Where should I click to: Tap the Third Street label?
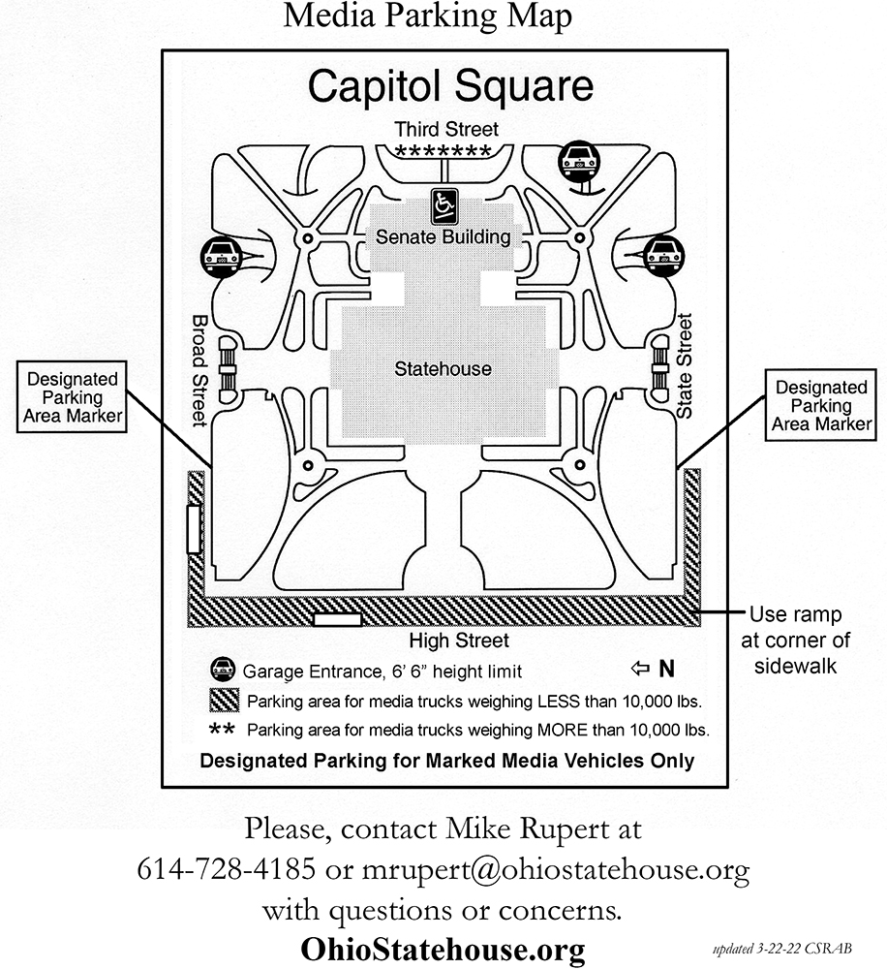click(446, 129)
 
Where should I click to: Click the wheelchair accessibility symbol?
click(444, 206)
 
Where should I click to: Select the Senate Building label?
click(443, 236)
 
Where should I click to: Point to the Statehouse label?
click(443, 369)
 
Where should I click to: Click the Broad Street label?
click(199, 371)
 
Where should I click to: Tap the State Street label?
click(685, 366)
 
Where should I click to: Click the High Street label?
click(459, 641)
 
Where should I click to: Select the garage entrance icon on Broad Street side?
click(222, 257)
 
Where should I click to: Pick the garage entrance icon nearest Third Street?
click(579, 161)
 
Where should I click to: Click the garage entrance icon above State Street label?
click(664, 255)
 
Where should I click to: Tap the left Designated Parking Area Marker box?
click(72, 396)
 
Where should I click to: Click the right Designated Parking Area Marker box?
click(821, 405)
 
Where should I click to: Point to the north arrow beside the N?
click(640, 668)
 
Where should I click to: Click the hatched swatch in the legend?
click(225, 701)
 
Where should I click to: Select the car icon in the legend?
click(223, 670)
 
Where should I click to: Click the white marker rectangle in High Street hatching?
click(337, 618)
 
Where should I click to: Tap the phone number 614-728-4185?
click(226, 868)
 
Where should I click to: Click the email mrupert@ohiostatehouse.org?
click(555, 870)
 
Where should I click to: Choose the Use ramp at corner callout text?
click(796, 641)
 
